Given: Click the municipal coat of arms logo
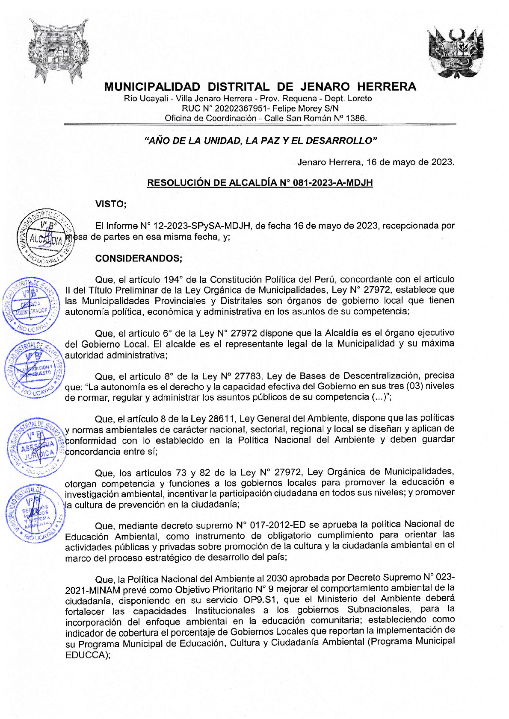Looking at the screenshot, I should (58, 50).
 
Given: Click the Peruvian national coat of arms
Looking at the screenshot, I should (456, 53).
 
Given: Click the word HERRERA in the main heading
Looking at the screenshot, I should (386, 87).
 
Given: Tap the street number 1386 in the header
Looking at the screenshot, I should (355, 118).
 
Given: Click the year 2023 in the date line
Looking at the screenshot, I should (441, 162).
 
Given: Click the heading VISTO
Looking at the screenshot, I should (111, 204).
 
